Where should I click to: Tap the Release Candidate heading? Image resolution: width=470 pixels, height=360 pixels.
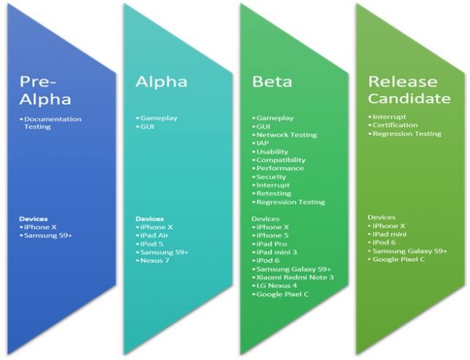tap(408, 89)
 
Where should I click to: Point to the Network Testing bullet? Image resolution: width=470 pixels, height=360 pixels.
tap(287, 135)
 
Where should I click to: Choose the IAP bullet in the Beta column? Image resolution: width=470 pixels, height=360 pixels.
tap(263, 143)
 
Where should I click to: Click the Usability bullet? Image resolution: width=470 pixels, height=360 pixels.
tap(272, 151)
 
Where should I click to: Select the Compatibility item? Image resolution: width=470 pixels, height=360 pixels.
tap(280, 160)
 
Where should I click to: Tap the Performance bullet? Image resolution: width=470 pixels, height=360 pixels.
tap(279, 168)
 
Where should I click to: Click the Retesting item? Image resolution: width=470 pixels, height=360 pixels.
tap(274, 193)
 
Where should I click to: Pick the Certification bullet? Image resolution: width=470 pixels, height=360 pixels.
tap(397, 125)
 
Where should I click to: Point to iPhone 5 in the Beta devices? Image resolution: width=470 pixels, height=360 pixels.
tap(273, 235)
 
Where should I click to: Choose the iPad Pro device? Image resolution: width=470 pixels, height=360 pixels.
tap(272, 244)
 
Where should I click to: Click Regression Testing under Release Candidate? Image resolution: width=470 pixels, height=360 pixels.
tap(407, 134)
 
